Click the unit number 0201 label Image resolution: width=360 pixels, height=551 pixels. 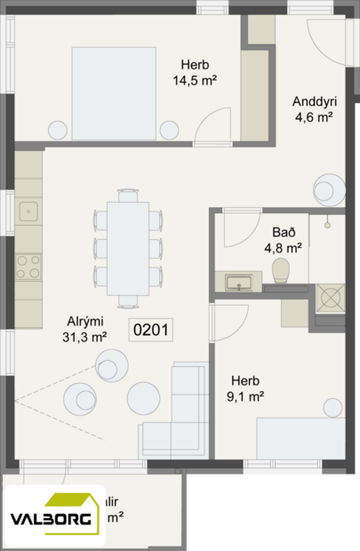pyautogui.click(x=151, y=330)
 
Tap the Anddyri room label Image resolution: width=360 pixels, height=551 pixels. pyautogui.click(x=314, y=100)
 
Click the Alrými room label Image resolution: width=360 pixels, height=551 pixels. pyautogui.click(x=85, y=322)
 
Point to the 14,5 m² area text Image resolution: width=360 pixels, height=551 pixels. pyautogui.click(x=196, y=80)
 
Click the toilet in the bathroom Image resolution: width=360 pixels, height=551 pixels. pyautogui.click(x=282, y=270)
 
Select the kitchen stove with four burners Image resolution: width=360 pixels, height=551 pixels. pyautogui.click(x=28, y=265)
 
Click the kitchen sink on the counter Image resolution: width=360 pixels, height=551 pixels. pyautogui.click(x=28, y=212)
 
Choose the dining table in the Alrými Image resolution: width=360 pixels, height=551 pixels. pyautogui.click(x=128, y=248)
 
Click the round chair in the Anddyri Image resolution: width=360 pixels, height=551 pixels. pyautogui.click(x=327, y=190)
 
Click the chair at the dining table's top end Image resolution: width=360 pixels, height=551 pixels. pyautogui.click(x=128, y=194)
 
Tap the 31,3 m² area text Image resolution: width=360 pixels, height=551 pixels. pyautogui.click(x=85, y=337)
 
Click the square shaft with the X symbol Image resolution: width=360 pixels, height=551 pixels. pyautogui.click(x=330, y=299)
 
